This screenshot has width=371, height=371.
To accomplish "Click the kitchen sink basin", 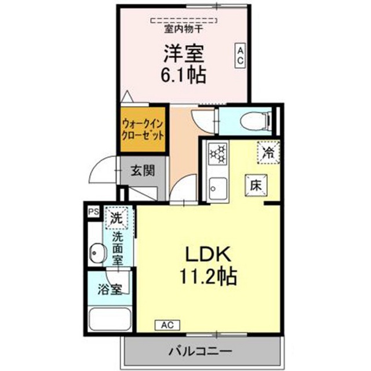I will (x=219, y=187).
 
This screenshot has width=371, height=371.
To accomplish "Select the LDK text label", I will (x=209, y=254).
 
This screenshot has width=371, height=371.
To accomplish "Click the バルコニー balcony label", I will (x=201, y=351).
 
